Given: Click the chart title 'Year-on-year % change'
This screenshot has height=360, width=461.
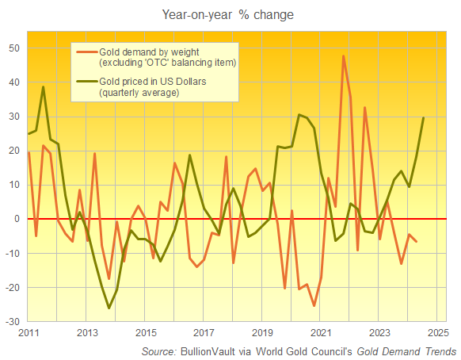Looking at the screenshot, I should pos(230,14).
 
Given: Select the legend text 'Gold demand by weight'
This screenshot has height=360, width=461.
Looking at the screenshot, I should pos(147,52).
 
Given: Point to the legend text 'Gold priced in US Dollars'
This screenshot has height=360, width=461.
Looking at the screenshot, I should pos(153,82).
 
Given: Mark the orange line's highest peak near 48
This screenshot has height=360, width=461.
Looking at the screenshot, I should pos(343,56).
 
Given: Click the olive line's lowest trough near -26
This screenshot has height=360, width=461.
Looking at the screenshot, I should pos(109,308).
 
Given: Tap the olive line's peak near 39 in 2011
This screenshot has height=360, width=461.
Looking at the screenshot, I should pos(43,87).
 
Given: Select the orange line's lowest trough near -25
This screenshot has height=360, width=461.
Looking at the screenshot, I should pos(314,305).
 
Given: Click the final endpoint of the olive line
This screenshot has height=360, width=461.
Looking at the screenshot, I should pos(424,117).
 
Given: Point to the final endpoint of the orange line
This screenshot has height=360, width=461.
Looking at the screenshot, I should pos(417,241).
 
